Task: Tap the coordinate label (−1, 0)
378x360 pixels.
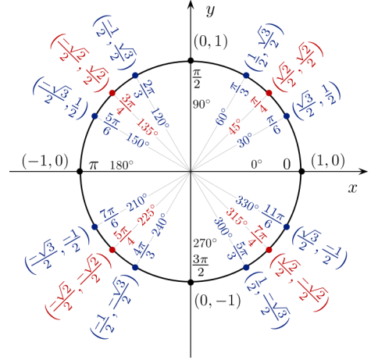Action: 45,161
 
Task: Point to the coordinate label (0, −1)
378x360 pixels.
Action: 217,301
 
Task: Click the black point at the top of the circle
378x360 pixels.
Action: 191,61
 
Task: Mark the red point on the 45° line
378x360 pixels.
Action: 269,93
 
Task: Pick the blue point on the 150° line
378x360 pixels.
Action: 94,116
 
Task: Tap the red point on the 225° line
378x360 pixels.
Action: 112,250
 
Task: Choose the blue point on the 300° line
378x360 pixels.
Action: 246,267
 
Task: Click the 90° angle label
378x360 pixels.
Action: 201,105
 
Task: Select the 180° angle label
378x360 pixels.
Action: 122,166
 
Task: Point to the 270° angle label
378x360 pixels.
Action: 205,244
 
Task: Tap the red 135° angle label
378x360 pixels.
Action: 147,127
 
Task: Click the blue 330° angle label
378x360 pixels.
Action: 247,204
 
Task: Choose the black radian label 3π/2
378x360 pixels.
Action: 201,266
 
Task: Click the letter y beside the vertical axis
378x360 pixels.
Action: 210,11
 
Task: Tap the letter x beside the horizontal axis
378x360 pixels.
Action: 352,188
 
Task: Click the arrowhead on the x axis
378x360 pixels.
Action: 363,172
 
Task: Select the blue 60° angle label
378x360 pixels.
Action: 221,116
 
